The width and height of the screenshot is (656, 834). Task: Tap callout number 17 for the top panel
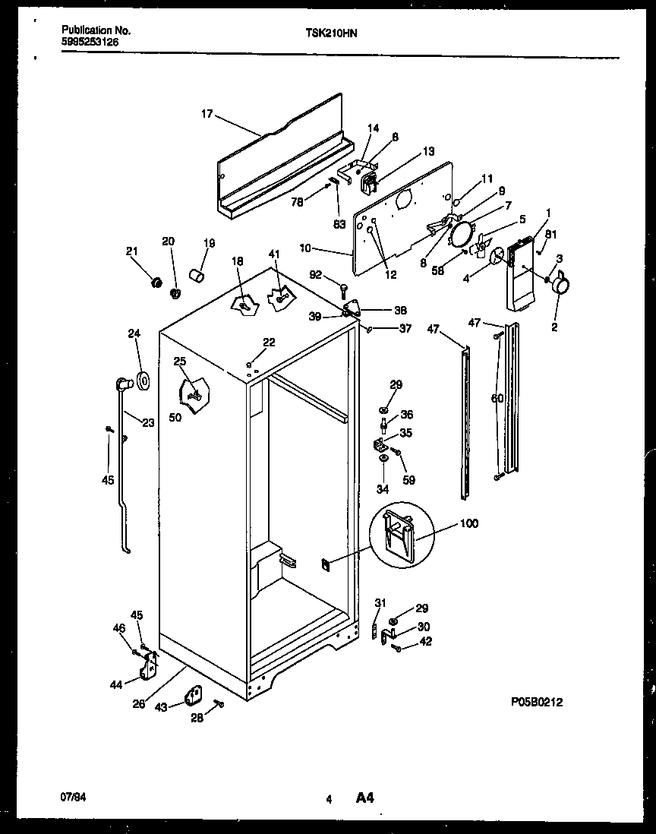coord(206,115)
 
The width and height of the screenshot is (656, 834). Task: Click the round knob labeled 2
coord(561,286)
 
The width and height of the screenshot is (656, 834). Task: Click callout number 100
coord(469,524)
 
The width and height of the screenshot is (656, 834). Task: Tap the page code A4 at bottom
coord(366,798)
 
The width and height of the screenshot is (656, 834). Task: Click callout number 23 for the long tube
coord(147,423)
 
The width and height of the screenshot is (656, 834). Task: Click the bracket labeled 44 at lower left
coord(150,666)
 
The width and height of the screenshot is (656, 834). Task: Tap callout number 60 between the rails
coord(497,397)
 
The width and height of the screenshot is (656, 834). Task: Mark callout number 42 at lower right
coord(425,643)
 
